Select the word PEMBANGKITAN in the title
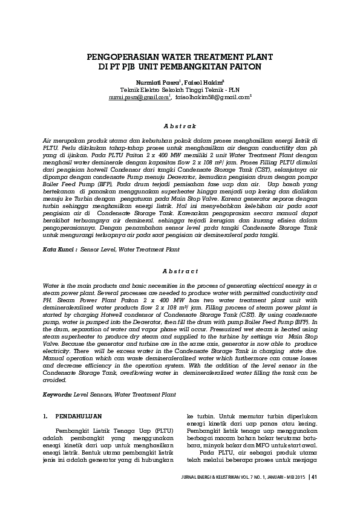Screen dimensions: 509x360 (x=208, y=66)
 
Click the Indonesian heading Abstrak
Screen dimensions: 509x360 (x=180, y=126)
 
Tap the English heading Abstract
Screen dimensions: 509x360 (x=180, y=271)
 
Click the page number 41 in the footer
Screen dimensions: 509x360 (x=314, y=476)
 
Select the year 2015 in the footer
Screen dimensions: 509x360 (x=299, y=476)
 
